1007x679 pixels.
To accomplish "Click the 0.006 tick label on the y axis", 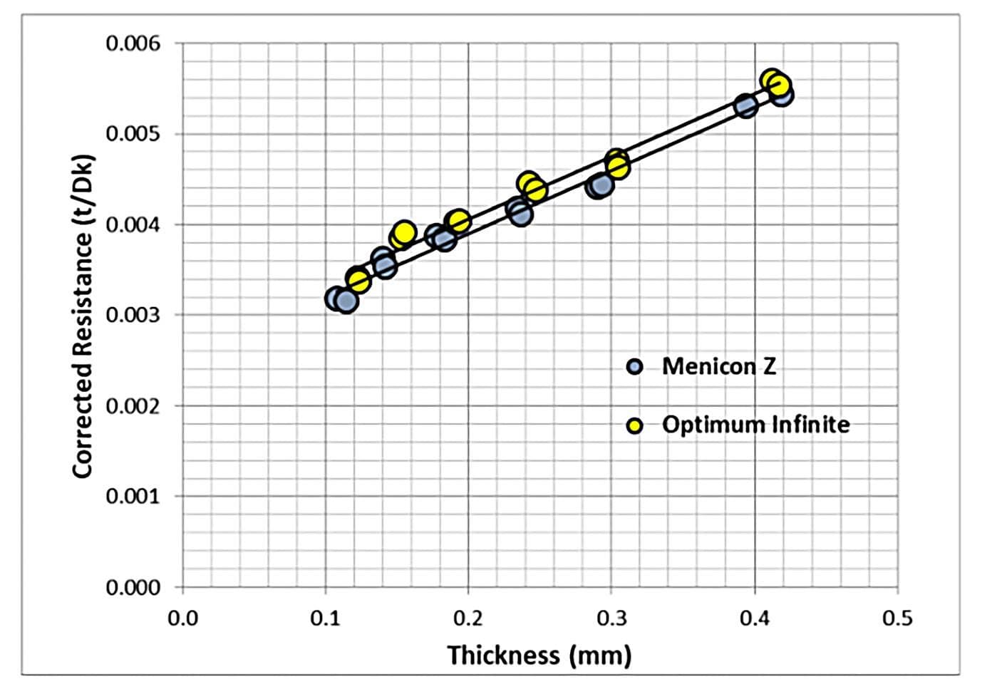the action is coord(133,44).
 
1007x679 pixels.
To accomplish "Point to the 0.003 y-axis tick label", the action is coord(133,315).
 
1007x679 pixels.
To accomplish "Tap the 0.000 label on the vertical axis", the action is coord(133,587).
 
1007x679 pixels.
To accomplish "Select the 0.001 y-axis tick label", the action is coord(133,496).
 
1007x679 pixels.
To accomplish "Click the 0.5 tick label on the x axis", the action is coord(897,618).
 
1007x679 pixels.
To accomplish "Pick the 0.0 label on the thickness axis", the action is coord(183,618).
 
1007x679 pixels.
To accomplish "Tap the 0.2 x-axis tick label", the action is coord(468,618).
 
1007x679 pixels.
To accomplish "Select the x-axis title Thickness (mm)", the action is coord(539,655).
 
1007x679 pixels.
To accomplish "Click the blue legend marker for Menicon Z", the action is coord(634,367).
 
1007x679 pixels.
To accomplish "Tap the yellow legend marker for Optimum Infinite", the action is coord(634,425).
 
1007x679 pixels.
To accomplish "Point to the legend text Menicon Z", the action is coord(718,366).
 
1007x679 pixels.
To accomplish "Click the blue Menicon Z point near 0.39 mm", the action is coord(745,107).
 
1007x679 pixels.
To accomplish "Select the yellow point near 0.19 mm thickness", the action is coord(459,222).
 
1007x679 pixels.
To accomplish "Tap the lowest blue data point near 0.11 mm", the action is coord(346,301).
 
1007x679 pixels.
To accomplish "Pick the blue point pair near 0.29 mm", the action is coord(600,186).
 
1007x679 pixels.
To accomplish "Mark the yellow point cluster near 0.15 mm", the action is coord(403,234).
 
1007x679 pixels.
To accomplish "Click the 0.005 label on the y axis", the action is coord(133,134).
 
